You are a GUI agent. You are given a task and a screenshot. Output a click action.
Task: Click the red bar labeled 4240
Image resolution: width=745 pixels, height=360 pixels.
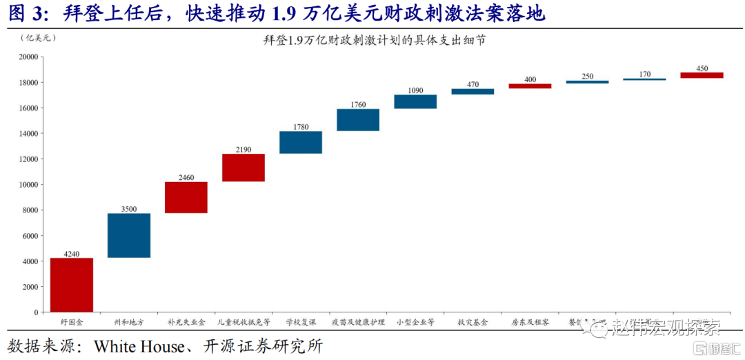[72, 285]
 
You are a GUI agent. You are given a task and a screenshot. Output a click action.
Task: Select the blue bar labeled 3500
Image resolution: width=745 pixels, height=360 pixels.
[129, 235]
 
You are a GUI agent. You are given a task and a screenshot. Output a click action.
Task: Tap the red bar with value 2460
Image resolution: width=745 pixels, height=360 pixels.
[186, 197]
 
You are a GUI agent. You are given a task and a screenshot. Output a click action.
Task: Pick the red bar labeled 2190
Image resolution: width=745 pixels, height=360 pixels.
[244, 168]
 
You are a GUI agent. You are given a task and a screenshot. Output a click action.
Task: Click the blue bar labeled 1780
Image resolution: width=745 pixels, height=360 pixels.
[301, 142]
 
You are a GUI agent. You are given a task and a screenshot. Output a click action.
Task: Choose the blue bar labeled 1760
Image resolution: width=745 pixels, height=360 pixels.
[358, 120]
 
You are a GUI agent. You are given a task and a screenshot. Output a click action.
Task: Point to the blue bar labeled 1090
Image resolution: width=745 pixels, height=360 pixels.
[415, 101]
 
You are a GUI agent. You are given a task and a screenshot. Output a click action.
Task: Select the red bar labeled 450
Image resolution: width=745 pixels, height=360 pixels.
[702, 75]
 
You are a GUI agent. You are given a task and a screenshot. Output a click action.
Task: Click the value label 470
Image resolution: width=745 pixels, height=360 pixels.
[473, 84]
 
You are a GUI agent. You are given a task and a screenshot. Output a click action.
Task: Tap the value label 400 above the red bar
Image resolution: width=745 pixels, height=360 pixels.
[530, 79]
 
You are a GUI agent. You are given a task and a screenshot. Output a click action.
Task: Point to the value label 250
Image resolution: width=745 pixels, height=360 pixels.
[587, 77]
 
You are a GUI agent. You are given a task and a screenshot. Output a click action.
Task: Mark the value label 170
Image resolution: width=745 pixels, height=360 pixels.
[644, 74]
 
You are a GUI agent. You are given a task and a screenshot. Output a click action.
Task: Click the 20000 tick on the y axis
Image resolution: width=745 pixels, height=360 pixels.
[28, 57]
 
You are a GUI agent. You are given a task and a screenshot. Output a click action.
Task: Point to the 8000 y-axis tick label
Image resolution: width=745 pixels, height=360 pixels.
[30, 210]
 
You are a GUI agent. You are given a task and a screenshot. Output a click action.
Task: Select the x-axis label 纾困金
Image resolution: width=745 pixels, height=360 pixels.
[72, 322]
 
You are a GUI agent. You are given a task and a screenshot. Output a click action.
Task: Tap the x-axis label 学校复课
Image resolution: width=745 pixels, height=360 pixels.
[301, 322]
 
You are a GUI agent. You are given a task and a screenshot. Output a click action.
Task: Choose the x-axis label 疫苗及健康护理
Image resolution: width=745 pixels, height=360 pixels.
[358, 322]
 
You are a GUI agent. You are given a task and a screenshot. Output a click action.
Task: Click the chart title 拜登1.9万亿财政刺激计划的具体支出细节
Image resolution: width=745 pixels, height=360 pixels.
[374, 41]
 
